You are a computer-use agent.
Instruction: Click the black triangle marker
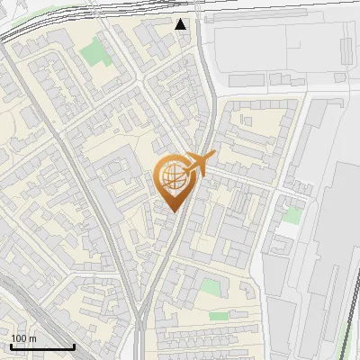coord(182,24)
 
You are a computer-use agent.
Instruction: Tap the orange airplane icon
coord(197,165)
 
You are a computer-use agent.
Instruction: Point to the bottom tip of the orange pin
coord(172,212)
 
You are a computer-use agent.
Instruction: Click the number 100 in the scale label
coord(19,338)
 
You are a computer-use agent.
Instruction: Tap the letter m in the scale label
coord(32,338)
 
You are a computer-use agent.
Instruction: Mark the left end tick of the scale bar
coord(11,346)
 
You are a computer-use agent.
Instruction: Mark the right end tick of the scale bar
coord(74,346)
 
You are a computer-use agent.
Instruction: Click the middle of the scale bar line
coord(42,347)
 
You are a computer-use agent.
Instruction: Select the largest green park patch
coord(94,54)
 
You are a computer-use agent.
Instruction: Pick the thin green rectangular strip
coord(219,317)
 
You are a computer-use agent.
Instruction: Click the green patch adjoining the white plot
coord(292,216)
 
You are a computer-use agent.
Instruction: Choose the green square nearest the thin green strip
coord(210,289)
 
